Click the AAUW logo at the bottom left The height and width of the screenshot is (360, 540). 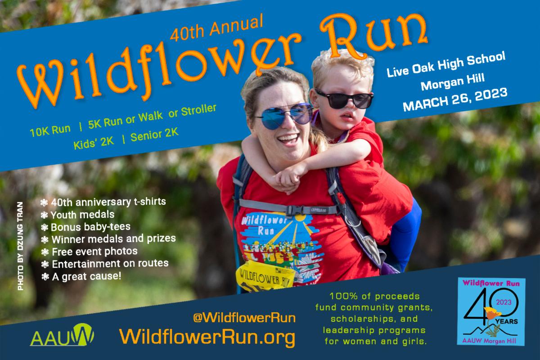click(x=62, y=335)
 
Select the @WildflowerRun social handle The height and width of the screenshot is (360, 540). click(x=244, y=318)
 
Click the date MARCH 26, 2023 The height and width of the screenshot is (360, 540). click(x=455, y=99)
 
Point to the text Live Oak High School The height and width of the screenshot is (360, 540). click(x=446, y=65)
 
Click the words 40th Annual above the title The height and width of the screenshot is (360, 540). click(x=216, y=27)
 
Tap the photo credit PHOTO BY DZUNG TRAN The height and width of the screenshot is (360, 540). click(x=21, y=246)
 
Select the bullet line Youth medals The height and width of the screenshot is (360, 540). click(x=77, y=215)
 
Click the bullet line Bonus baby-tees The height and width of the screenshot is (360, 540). click(x=85, y=227)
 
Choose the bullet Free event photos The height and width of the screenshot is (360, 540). click(x=89, y=252)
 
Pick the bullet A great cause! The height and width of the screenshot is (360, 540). click(x=81, y=276)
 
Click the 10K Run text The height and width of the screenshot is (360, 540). click(x=50, y=130)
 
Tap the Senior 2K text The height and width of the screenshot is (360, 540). click(x=154, y=135)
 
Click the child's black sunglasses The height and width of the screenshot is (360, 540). click(x=344, y=99)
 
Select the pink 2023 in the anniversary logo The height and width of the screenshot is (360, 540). click(x=504, y=302)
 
